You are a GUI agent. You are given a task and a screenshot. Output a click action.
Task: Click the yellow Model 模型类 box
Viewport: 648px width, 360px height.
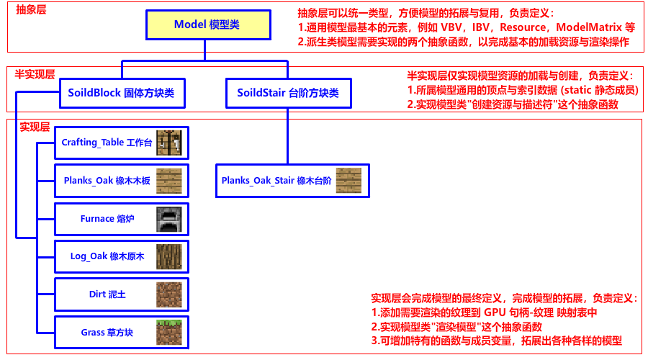pyautogui.click(x=207, y=24)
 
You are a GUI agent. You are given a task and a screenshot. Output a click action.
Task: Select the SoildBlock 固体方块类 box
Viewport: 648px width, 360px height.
pyautogui.click(x=121, y=93)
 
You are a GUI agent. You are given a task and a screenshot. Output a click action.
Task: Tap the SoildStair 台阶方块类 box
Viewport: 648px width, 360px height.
pyautogui.click(x=288, y=93)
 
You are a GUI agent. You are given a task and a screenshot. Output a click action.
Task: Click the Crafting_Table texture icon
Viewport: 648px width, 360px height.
pyautogui.click(x=169, y=143)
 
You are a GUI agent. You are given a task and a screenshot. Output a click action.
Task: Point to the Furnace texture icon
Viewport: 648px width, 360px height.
pyautogui.click(x=169, y=219)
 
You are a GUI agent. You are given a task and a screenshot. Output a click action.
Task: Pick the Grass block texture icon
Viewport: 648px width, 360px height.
pyautogui.click(x=169, y=333)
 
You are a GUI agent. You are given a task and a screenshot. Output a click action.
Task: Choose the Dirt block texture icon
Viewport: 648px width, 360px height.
pyautogui.click(x=169, y=294)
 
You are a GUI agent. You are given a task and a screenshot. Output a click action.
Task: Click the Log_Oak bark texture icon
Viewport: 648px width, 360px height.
pyautogui.click(x=169, y=256)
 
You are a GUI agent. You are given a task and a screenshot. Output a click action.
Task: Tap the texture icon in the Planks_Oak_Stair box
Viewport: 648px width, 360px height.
pyautogui.click(x=348, y=181)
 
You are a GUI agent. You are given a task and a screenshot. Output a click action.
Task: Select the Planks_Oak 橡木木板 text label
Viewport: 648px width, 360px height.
pyautogui.click(x=107, y=181)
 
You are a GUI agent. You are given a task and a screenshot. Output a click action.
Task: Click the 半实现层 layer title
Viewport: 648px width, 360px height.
pyautogui.click(x=34, y=73)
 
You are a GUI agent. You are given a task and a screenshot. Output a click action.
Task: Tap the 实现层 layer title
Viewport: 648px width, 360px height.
pyautogui.click(x=34, y=127)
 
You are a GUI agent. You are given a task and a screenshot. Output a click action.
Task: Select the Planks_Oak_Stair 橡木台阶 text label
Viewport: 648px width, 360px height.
pyautogui.click(x=276, y=181)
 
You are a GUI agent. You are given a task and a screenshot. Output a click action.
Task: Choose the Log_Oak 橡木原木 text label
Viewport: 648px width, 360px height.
pyautogui.click(x=107, y=256)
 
